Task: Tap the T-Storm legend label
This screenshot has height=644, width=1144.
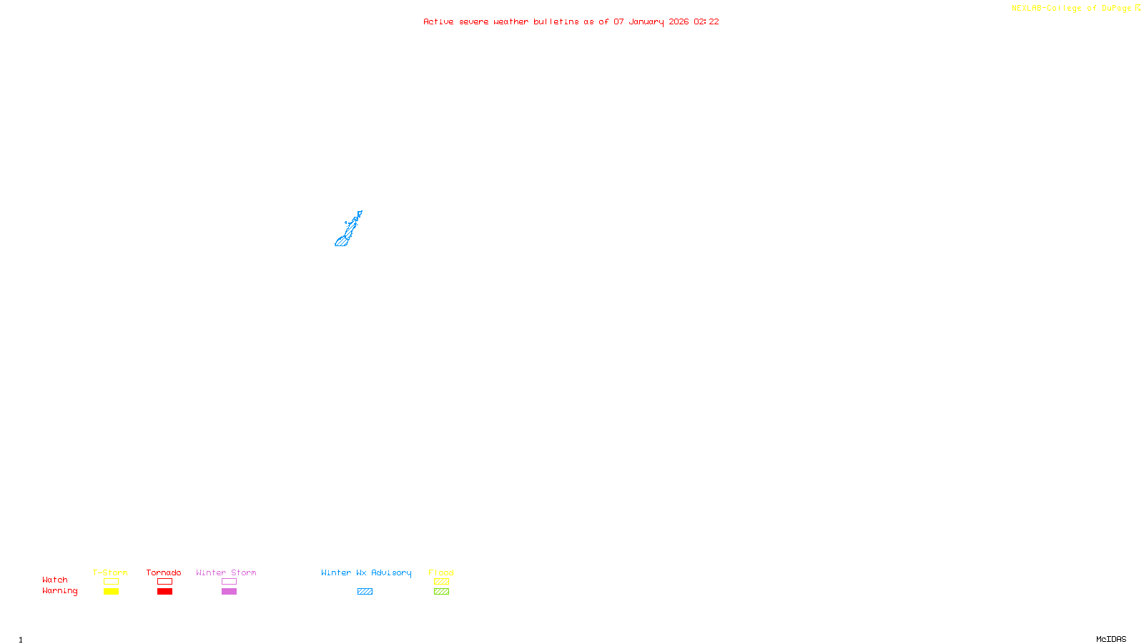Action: tap(110, 572)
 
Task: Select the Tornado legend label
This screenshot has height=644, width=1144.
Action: tap(164, 572)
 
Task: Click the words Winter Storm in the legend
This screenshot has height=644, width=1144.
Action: tap(226, 572)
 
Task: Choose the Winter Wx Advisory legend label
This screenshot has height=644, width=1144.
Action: tap(366, 572)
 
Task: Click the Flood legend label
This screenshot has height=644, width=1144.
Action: tap(441, 572)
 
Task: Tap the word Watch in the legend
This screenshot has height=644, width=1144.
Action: tap(55, 580)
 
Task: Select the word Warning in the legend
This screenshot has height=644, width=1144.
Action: tap(59, 591)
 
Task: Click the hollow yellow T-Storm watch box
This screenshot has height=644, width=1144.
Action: tap(111, 582)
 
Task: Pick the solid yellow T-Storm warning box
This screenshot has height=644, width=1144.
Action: tap(111, 592)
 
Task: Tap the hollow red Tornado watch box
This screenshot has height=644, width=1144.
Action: tap(164, 582)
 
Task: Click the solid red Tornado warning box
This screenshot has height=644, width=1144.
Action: tap(164, 592)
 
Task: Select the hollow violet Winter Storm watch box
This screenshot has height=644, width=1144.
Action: tap(229, 582)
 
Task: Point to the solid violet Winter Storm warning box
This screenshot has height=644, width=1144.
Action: tap(229, 592)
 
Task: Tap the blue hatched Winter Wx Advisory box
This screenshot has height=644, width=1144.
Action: tap(365, 592)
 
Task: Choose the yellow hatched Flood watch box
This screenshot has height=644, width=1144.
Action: tap(441, 582)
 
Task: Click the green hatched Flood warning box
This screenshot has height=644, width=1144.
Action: tap(441, 592)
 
